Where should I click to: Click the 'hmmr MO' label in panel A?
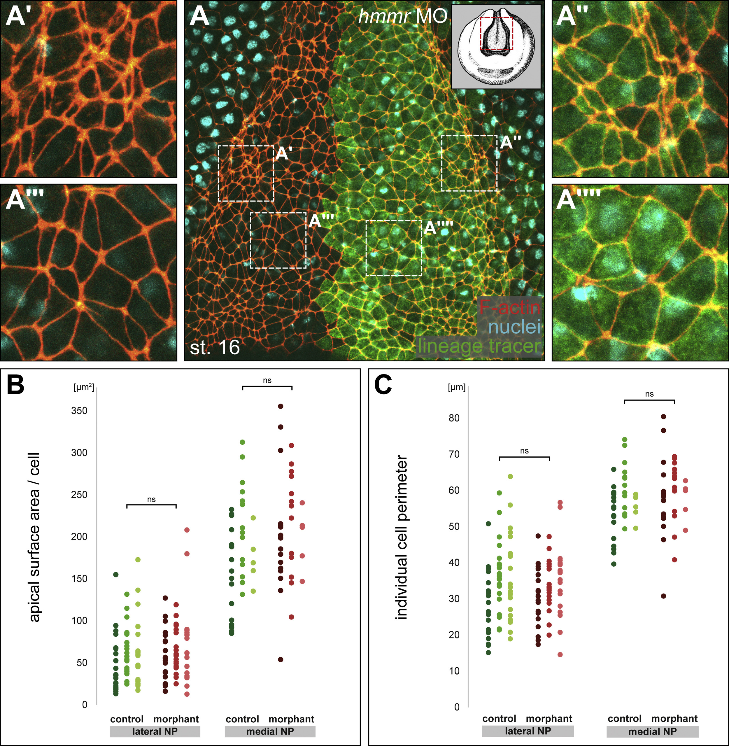pyautogui.click(x=403, y=16)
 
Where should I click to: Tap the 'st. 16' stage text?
pyautogui.click(x=215, y=347)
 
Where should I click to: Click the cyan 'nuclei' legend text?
pyautogui.click(x=515, y=327)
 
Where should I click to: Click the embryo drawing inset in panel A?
pyautogui.click(x=496, y=47)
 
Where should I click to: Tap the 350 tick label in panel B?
pyautogui.click(x=79, y=411)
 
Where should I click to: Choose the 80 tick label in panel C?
pyautogui.click(x=454, y=418)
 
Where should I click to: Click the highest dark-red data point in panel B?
pyautogui.click(x=281, y=406)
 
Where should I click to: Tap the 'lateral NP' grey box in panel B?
pyautogui.click(x=155, y=731)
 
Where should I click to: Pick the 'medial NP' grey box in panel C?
pyautogui.click(x=652, y=731)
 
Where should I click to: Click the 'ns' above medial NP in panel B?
pyautogui.click(x=267, y=380)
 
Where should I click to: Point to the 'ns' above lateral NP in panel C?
pyautogui.click(x=524, y=451)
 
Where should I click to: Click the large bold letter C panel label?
pyautogui.click(x=383, y=385)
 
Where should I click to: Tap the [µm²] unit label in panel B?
pyautogui.click(x=83, y=387)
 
